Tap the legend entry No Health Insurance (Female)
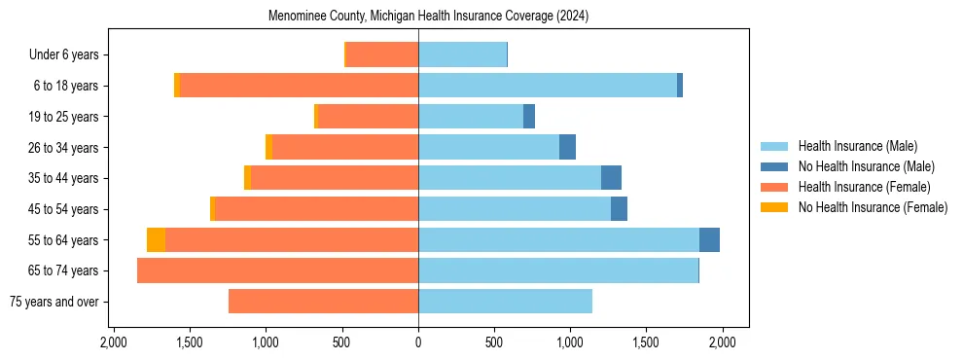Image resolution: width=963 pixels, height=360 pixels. pos(873,207)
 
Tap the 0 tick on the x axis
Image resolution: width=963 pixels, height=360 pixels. pos(418,342)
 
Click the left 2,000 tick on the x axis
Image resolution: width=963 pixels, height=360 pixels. pos(114,342)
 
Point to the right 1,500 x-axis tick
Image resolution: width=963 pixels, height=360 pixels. pos(646,342)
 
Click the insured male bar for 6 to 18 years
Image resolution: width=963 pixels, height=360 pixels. pos(548,86)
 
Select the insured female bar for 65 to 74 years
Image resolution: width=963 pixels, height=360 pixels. pos(277,270)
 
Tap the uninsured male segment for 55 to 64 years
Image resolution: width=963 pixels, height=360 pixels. pos(709,239)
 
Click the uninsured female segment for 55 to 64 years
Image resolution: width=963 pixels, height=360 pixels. pos(156,239)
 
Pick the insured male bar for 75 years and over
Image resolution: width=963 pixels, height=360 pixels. pos(505,302)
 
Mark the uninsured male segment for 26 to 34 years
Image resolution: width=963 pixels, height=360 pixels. pos(567,147)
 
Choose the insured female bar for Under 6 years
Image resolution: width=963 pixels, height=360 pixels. pos(382,55)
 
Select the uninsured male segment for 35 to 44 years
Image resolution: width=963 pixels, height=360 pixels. pos(611,178)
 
